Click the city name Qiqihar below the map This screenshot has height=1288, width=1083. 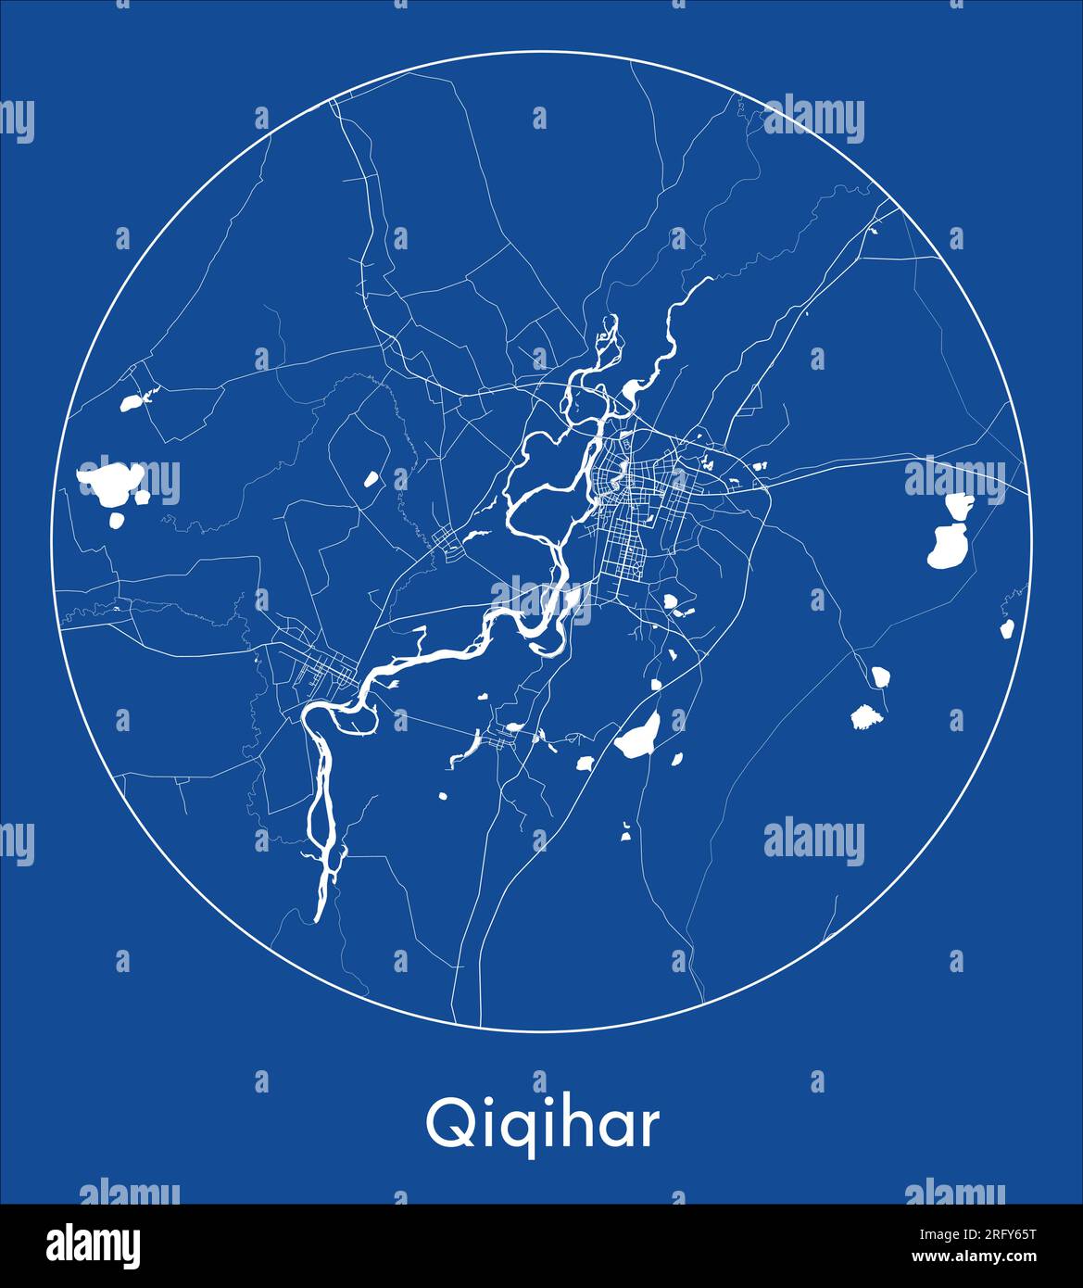542,1124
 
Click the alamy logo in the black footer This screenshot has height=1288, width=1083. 93,1245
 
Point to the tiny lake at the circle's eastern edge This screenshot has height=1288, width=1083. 1006,628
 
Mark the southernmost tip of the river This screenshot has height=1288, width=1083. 317,917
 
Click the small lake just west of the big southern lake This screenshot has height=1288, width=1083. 585,764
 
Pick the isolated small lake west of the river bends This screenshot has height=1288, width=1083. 371,479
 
